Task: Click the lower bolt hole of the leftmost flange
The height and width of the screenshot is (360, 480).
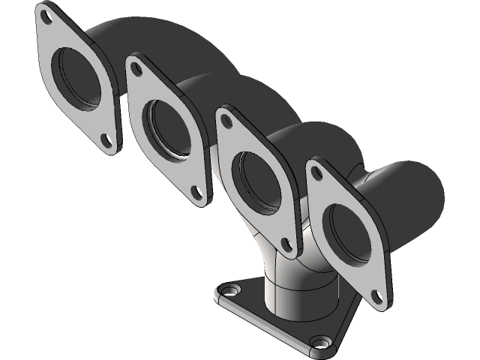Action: click(x=106, y=139)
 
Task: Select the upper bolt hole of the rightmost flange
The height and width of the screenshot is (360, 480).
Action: click(x=318, y=173)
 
